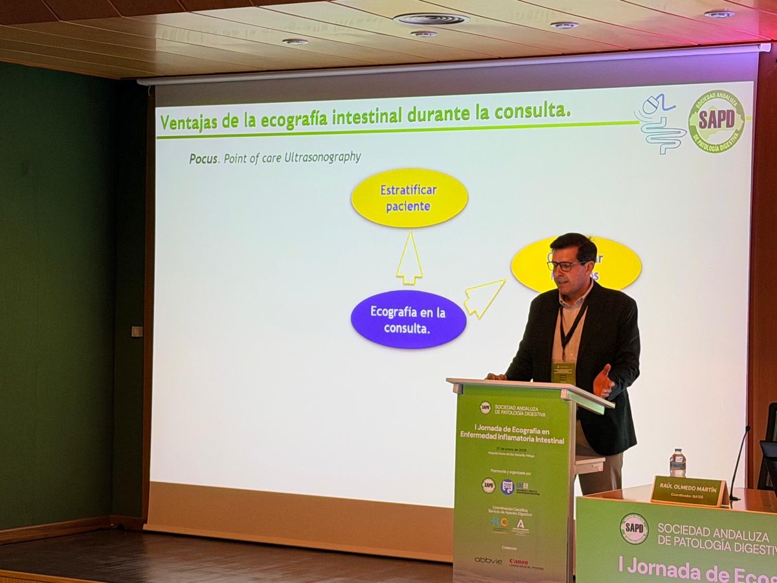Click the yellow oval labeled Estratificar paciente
click(409, 198)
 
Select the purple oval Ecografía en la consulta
click(408, 319)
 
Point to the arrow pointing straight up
click(409, 258)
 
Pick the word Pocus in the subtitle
click(203, 159)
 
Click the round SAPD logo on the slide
click(716, 121)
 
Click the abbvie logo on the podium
click(488, 560)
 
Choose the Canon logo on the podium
click(519, 562)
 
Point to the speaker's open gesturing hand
click(603, 382)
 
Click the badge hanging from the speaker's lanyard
click(563, 372)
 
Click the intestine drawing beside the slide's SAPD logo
click(659, 123)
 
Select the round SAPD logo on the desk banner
click(634, 529)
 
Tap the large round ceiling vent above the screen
click(431, 19)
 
